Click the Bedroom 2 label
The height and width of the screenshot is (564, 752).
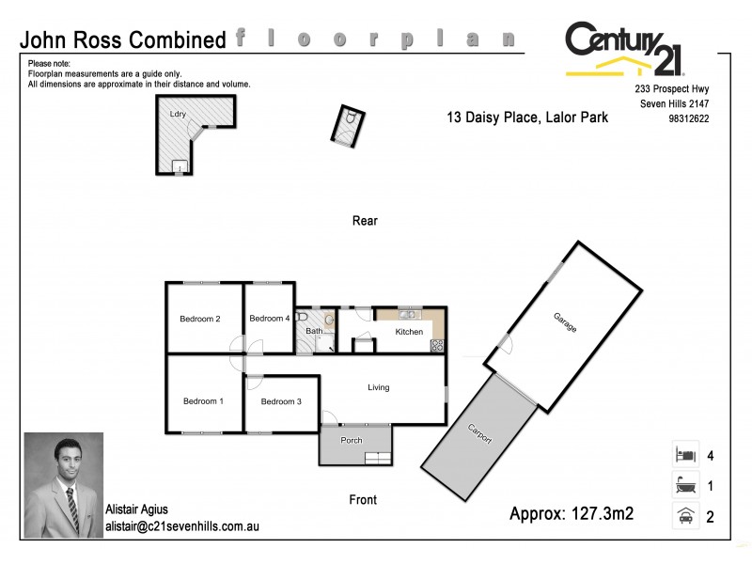(x=200, y=319)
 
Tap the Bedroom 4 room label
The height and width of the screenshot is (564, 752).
(x=270, y=318)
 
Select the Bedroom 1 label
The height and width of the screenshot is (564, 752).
(x=203, y=401)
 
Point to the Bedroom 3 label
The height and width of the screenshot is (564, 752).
(x=281, y=402)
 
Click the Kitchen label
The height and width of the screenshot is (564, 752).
(x=409, y=332)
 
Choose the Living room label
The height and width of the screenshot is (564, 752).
(x=378, y=387)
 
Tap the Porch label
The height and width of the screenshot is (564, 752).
(x=351, y=440)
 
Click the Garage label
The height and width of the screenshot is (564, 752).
(x=565, y=327)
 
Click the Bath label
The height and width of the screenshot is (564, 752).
(x=313, y=331)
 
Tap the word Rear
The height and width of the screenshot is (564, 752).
(x=365, y=221)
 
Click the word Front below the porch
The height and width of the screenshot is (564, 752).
(x=363, y=500)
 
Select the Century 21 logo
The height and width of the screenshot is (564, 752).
(x=625, y=50)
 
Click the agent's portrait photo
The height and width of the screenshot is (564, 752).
(x=63, y=483)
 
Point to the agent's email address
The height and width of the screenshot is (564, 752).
(x=181, y=526)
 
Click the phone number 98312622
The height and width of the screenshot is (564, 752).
(x=688, y=118)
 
